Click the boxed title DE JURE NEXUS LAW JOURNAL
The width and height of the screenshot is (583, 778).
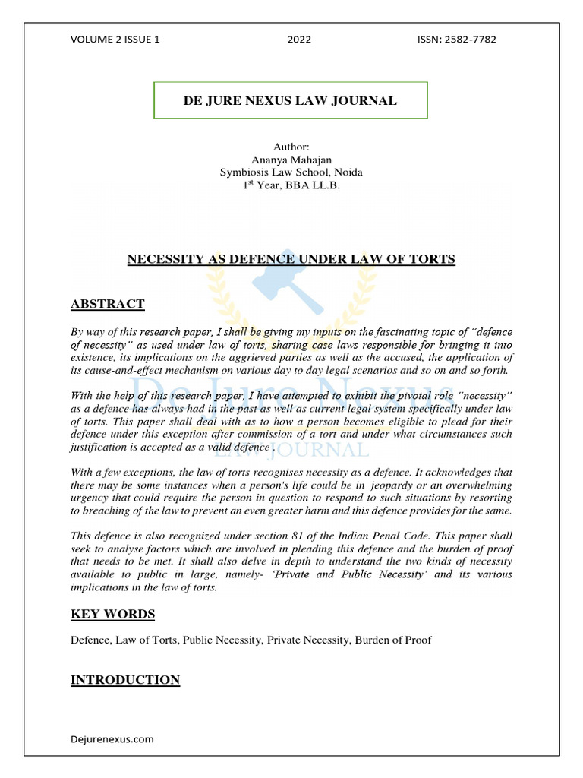291,101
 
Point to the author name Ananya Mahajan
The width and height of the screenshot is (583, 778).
291,159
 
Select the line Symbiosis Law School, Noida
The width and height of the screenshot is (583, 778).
291,172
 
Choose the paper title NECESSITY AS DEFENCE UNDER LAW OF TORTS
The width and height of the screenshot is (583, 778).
291,260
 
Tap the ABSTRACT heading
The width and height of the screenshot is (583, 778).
107,305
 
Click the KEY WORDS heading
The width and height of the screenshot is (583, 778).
112,614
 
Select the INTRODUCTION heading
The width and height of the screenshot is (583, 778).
125,680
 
